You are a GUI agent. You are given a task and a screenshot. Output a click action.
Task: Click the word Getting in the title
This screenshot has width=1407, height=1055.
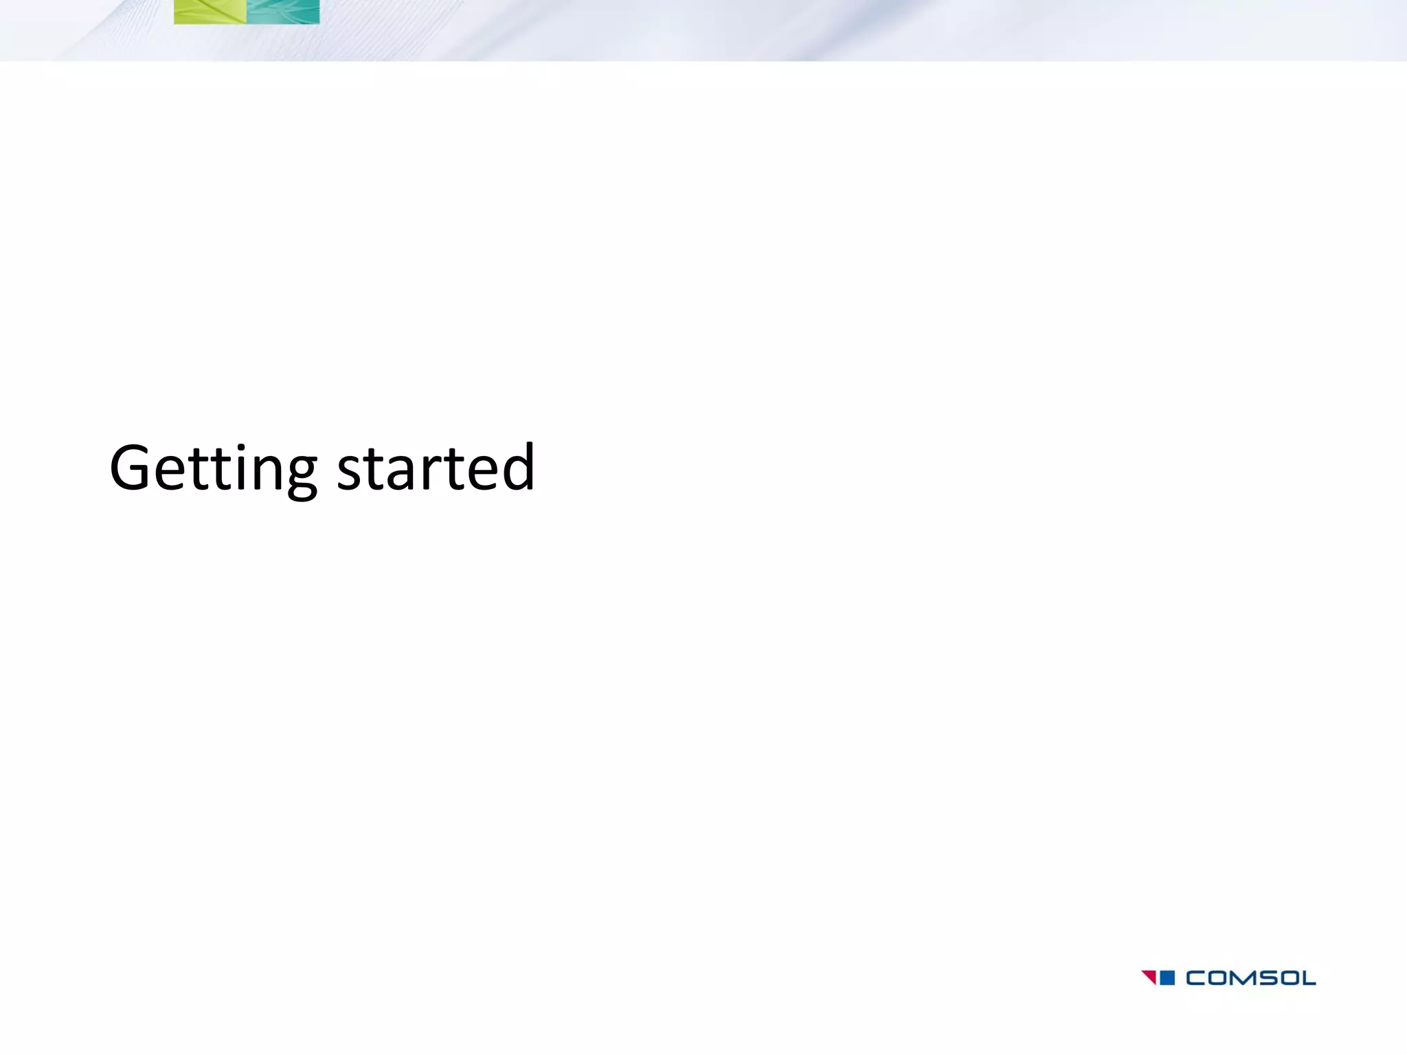(213, 468)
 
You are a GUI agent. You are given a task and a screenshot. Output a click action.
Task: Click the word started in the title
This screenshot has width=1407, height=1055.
(436, 468)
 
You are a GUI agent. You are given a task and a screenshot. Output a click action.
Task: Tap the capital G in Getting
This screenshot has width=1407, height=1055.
(130, 468)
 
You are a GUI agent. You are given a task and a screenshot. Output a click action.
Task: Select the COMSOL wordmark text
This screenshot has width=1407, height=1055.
(1250, 977)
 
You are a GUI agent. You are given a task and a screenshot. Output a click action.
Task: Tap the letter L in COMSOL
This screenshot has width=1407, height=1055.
(1308, 977)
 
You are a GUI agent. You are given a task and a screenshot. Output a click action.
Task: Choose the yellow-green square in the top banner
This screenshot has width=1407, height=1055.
(210, 12)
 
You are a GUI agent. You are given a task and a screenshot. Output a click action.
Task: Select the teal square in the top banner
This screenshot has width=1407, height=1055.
(283, 12)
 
